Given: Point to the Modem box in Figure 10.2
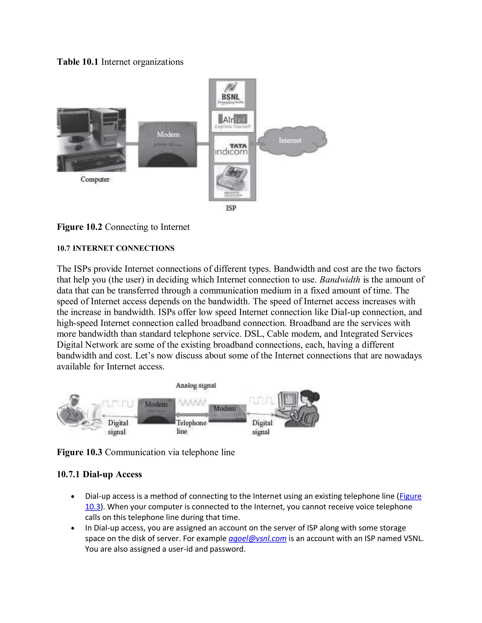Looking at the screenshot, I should coord(168,144).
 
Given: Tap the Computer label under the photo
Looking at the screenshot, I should coord(95,179).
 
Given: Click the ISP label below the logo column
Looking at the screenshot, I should coord(231,208).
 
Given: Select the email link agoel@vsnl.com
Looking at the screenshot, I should coord(257,538).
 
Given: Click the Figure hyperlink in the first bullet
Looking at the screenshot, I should coord(410,496).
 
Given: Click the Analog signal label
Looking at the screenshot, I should coord(196,385).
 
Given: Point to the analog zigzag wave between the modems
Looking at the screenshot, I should coord(192,402).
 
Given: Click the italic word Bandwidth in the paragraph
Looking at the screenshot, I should coord(340,280).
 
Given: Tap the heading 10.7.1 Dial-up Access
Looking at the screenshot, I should coord(99,474).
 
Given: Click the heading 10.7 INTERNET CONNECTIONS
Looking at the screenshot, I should coord(115,248).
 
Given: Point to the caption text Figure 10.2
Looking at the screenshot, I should coord(79,227).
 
